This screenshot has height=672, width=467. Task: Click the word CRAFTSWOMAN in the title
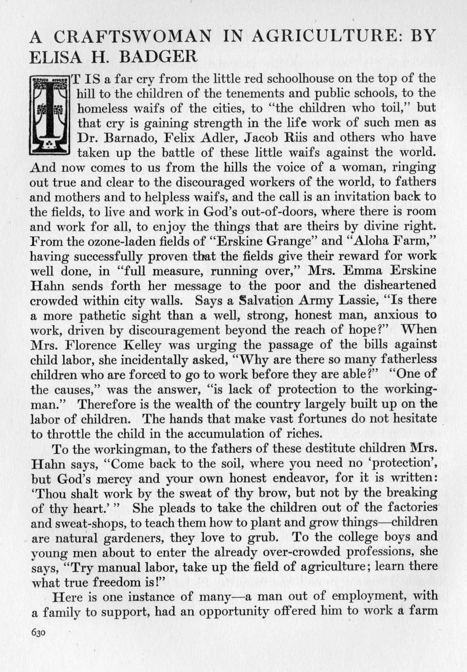[132, 37]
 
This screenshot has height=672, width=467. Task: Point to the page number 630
[38, 632]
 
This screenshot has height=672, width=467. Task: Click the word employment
[372, 596]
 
